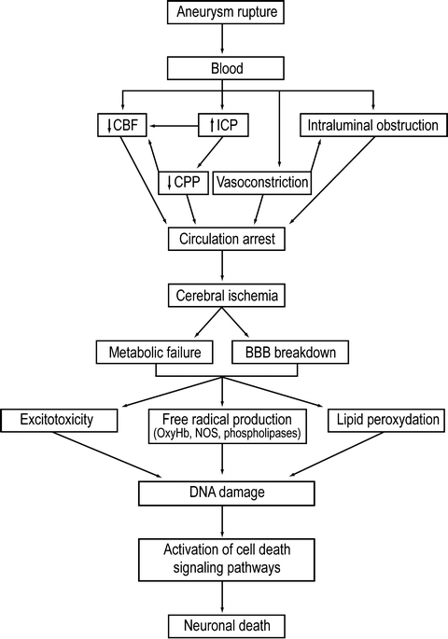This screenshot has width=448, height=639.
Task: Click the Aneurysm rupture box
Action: [x=226, y=12]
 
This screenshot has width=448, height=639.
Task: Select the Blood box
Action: [x=226, y=68]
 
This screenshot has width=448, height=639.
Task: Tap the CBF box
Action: [x=122, y=125]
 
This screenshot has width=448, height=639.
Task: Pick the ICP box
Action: [x=223, y=125]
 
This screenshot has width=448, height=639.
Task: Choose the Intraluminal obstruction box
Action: [x=372, y=125]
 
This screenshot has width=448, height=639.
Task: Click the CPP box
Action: [x=183, y=183]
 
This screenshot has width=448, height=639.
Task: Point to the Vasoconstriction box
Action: [x=262, y=183]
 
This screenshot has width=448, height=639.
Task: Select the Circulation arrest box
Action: [x=226, y=239]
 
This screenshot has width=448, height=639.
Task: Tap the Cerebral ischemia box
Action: [x=226, y=295]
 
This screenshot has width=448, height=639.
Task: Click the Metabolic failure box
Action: [x=155, y=352]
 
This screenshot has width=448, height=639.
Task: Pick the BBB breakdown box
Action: [x=290, y=352]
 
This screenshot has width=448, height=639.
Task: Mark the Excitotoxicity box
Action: [x=59, y=420]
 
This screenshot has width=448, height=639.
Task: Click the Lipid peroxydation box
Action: [x=386, y=420]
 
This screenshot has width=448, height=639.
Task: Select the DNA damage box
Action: [x=227, y=493]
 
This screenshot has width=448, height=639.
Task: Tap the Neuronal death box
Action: [x=227, y=626]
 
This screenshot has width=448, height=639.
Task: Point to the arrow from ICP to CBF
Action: [x=174, y=126]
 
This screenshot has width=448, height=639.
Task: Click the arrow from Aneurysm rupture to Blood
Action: [x=222, y=38]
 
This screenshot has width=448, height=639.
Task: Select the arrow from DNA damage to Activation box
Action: [x=222, y=521]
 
